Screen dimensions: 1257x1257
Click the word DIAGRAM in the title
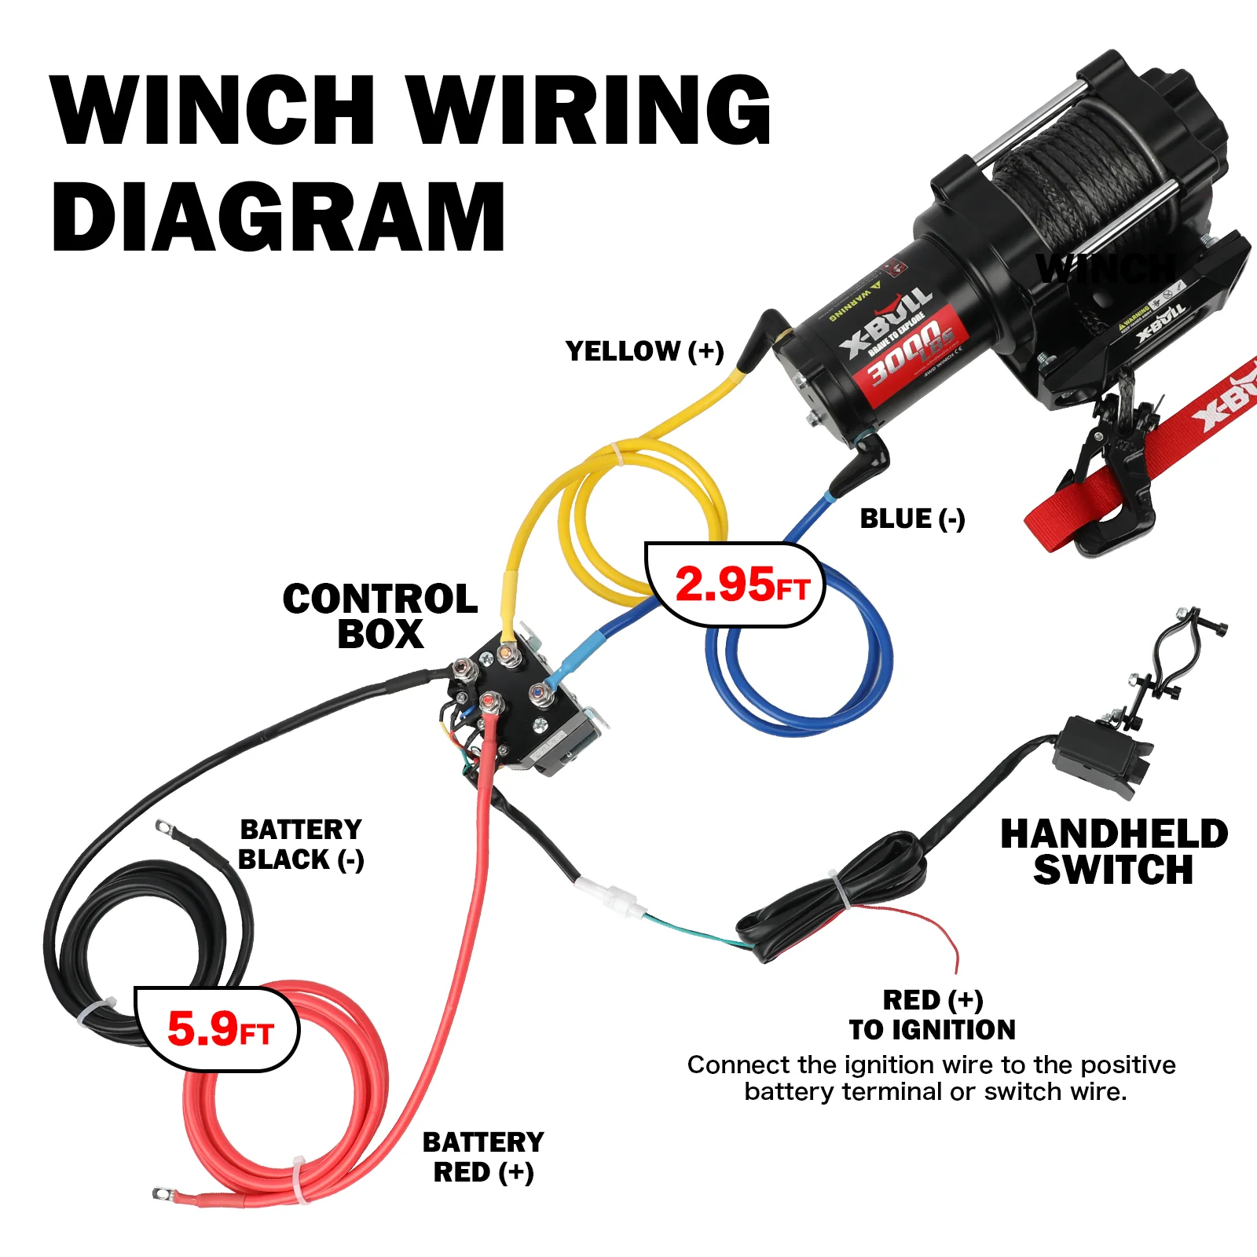pyautogui.click(x=279, y=218)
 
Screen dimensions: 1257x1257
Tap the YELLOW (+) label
pyautogui.click(x=644, y=351)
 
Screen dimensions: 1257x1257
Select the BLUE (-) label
pyautogui.click(x=912, y=519)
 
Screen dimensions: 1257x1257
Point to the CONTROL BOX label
pyautogui.click(x=380, y=617)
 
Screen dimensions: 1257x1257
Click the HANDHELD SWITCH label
pyautogui.click(x=1114, y=852)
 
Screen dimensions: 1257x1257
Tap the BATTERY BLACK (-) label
pyautogui.click(x=301, y=845)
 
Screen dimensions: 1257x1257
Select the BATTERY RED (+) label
pyautogui.click(x=483, y=1156)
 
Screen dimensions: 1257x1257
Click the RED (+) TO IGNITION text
pyautogui.click(x=933, y=1015)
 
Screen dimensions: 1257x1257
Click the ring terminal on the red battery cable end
pyautogui.click(x=163, y=1194)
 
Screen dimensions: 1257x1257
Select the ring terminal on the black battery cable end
pyautogui.click(x=164, y=826)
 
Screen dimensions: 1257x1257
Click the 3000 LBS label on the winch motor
pyautogui.click(x=911, y=354)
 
